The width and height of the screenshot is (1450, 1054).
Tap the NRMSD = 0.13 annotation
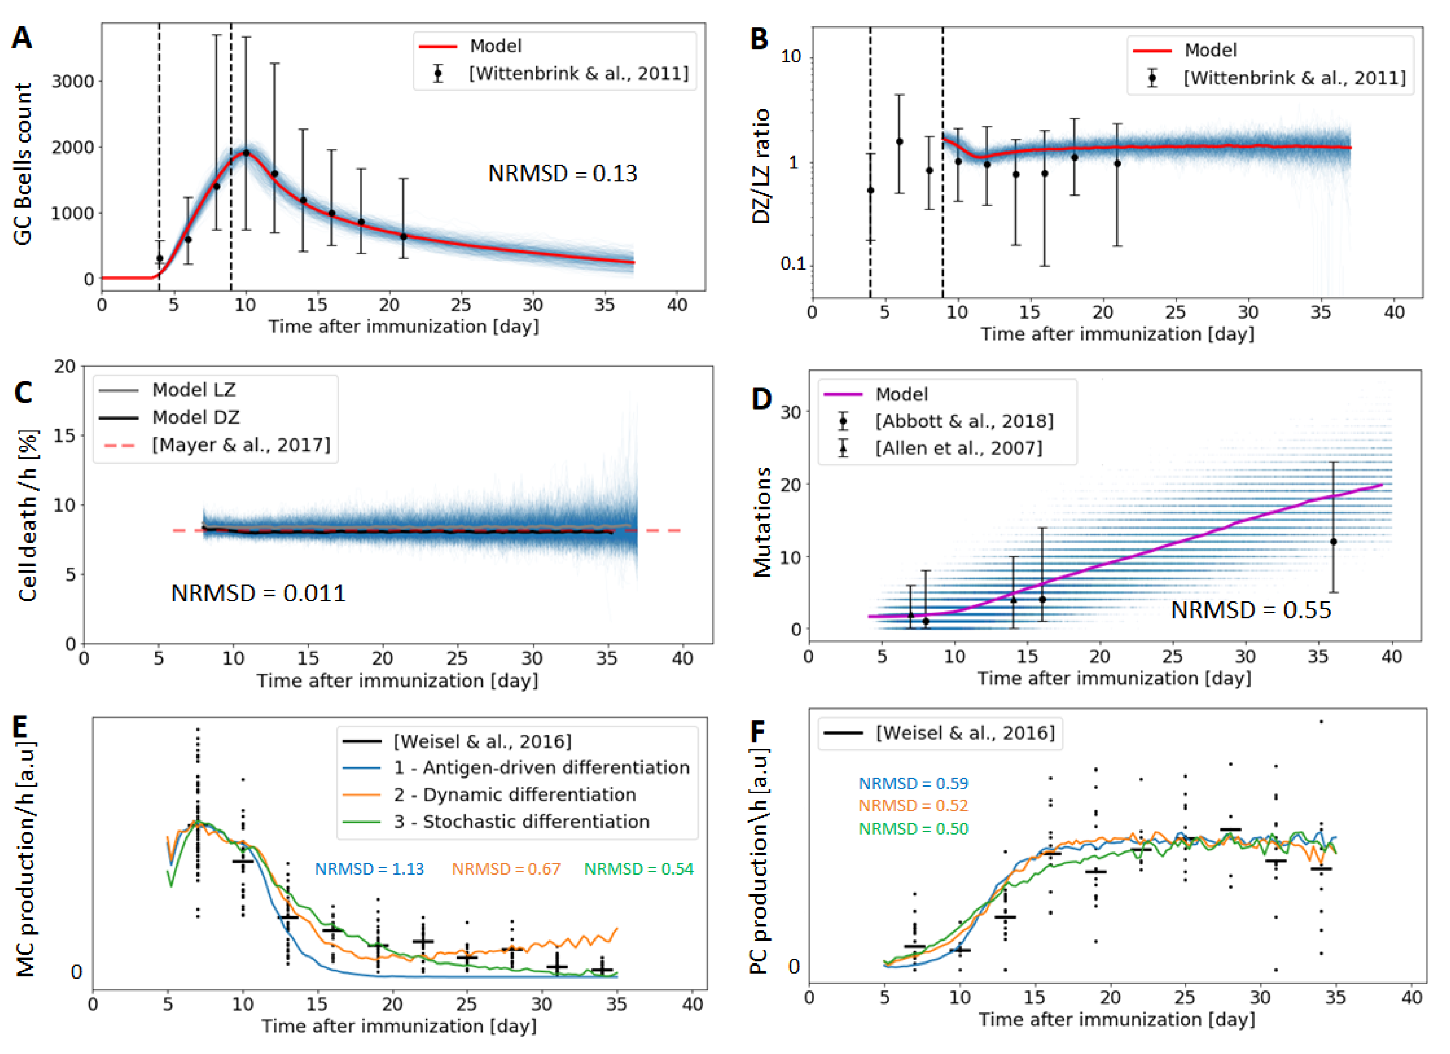tap(563, 173)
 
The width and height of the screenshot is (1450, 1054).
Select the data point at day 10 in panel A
tap(246, 153)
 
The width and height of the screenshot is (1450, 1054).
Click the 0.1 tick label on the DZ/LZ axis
tap(793, 263)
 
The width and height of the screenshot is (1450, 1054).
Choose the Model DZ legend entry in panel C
tap(170, 418)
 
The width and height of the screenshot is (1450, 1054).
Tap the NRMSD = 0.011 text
tap(258, 593)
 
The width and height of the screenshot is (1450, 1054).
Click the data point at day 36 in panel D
tap(1334, 542)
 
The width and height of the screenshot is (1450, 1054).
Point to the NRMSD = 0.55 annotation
tap(1251, 610)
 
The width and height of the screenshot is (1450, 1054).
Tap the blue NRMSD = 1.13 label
tap(370, 869)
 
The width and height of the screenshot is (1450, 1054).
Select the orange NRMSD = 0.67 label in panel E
tap(506, 869)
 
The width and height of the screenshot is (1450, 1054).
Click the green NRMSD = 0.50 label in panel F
tap(914, 829)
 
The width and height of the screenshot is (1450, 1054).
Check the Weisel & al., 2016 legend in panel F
tap(940, 733)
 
